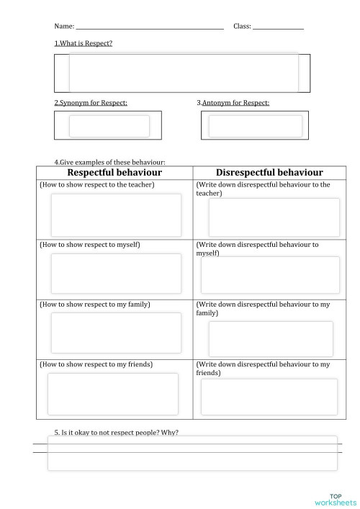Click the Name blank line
pyautogui.click(x=149, y=27)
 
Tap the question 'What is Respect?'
pyautogui.click(x=84, y=44)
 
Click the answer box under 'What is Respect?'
pyautogui.click(x=183, y=72)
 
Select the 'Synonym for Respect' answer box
pyautogui.click(x=109, y=126)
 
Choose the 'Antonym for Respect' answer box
pyautogui.click(x=255, y=126)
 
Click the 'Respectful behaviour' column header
pyautogui.click(x=114, y=173)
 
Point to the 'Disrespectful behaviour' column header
pyautogui.click(x=269, y=173)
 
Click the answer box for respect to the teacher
pyautogui.click(x=116, y=215)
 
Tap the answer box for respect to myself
pyautogui.click(x=116, y=274)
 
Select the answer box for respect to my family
pyautogui.click(x=116, y=333)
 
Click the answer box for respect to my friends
pyautogui.click(x=113, y=394)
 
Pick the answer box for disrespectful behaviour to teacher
pyautogui.click(x=274, y=217)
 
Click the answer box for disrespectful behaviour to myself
pyautogui.click(x=269, y=275)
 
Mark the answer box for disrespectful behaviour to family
pyautogui.click(x=271, y=338)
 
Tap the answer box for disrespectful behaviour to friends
pyautogui.click(x=269, y=397)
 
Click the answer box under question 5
pyautogui.click(x=192, y=453)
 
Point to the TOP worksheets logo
pyautogui.click(x=336, y=499)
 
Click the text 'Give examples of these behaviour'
pyautogui.click(x=110, y=162)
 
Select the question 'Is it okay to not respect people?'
pyautogui.click(x=117, y=432)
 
